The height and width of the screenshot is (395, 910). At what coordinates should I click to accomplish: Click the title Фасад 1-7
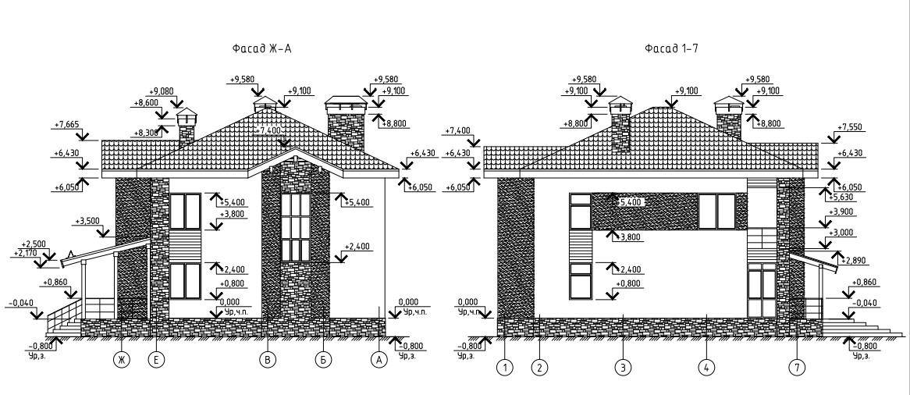tap(671, 49)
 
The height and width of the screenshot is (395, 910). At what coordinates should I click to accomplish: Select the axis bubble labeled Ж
tap(122, 360)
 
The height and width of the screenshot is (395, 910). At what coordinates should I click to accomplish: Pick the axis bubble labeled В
tap(268, 360)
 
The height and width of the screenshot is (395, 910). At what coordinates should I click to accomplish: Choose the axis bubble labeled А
tap(380, 360)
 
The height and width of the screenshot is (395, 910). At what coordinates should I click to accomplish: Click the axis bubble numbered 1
tap(506, 365)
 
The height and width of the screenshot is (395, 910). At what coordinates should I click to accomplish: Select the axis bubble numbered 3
tap(622, 365)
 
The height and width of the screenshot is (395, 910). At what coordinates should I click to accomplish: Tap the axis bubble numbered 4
tap(706, 365)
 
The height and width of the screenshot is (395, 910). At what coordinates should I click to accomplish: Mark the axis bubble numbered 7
tap(797, 365)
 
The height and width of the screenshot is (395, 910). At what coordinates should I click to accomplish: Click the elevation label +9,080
tap(161, 91)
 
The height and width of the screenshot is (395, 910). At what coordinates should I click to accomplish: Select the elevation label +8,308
tap(148, 133)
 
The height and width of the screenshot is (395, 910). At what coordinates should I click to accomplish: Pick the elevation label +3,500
tap(88, 222)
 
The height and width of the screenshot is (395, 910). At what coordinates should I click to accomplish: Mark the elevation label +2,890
tap(852, 260)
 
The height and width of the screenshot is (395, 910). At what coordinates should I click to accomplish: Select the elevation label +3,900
tap(842, 212)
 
